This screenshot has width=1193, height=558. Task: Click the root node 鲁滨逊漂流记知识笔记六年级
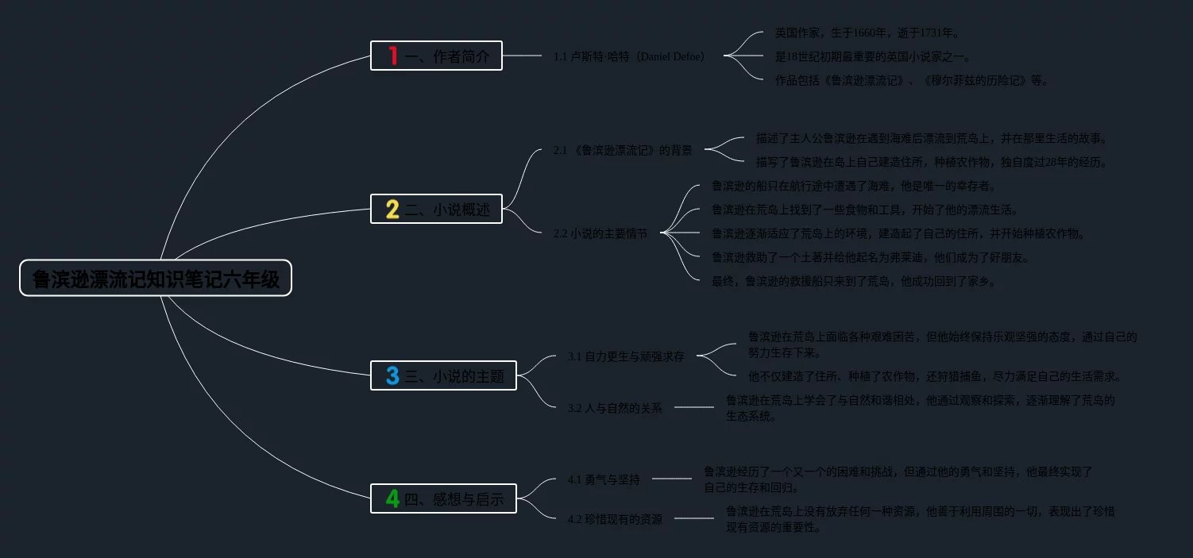156,279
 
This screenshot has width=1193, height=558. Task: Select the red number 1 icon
392,56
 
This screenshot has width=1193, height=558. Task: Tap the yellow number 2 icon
392,210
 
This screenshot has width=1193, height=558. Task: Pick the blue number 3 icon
392,375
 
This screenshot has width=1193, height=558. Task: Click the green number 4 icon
392,498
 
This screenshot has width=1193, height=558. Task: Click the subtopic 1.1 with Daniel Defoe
629,56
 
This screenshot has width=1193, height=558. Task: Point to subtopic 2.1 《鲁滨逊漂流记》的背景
623,150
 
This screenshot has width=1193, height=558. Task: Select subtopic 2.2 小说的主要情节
600,233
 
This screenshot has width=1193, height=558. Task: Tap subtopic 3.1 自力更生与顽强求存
626,356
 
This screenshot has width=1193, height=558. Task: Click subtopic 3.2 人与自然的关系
615,408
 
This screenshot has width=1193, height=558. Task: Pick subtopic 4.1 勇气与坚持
604,479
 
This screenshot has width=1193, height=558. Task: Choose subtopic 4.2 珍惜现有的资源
615,519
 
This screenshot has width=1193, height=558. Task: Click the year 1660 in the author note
866,33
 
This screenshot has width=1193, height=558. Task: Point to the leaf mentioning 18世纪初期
872,56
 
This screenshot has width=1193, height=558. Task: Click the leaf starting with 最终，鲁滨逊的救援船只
853,281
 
